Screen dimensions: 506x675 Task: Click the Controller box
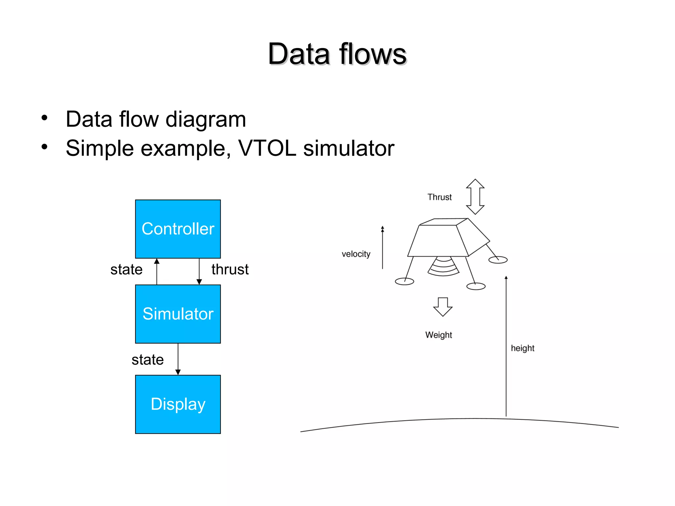pos(178,229)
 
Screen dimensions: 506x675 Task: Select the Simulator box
pos(178,314)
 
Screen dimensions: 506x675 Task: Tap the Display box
pos(178,404)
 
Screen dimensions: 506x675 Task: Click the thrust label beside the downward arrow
pos(230,269)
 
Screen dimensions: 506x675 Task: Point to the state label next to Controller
pos(126,269)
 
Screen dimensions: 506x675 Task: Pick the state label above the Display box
pos(147,360)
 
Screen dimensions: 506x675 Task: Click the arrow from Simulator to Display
pos(178,359)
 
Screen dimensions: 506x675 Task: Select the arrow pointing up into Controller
pos(157,271)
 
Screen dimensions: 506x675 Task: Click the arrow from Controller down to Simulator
pos(199,271)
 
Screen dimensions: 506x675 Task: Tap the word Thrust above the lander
pos(439,197)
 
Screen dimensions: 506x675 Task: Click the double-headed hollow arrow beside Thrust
pos(475,197)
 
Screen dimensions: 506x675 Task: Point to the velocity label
pos(356,254)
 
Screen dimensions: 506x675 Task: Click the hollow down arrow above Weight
pos(443,307)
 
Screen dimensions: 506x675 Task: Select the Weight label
pos(438,335)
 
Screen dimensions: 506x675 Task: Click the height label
pos(522,348)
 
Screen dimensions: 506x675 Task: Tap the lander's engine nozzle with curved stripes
pos(443,267)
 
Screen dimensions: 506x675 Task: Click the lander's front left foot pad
pos(404,281)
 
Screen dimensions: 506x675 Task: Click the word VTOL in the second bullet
pos(267,148)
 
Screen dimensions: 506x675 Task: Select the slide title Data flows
pos(337,54)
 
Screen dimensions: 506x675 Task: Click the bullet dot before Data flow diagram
pos(44,118)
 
